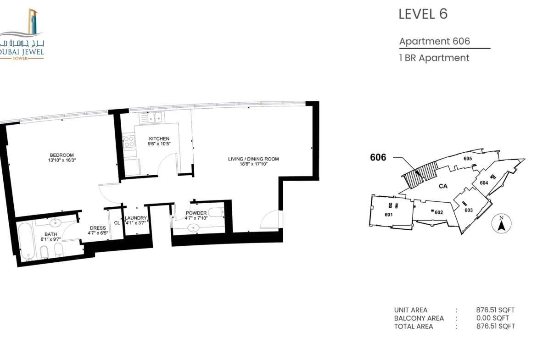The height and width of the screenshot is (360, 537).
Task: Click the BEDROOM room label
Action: point(62,155)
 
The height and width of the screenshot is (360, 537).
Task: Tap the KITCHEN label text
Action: point(159,138)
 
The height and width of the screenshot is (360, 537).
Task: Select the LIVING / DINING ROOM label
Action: point(253,159)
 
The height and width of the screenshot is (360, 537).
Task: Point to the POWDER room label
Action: point(196,213)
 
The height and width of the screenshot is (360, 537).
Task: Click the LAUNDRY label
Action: point(135,218)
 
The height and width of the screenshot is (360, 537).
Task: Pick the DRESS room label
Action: point(98,228)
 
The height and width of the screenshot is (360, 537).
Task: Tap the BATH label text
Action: point(50,234)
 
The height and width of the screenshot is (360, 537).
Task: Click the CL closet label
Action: point(117,223)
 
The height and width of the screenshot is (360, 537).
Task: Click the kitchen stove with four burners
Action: point(129,142)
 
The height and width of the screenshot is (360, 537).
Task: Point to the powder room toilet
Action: point(216,212)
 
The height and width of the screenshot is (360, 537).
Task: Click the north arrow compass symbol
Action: point(501,224)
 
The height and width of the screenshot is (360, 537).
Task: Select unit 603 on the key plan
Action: point(468,210)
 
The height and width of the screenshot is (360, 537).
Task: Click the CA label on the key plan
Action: point(443,186)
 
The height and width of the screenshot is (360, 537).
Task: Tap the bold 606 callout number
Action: point(378,157)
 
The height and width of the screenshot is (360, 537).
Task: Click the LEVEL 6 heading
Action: point(423,14)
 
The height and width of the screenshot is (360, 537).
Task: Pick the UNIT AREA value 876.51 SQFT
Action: point(495,310)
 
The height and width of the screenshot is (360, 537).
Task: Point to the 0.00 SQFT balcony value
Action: point(492,318)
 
